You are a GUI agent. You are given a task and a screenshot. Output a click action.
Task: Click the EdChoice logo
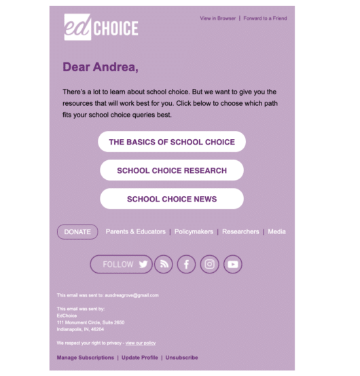101,27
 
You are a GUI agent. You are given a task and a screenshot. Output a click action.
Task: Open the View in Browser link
217,18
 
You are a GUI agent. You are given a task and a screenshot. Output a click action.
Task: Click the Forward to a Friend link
265,18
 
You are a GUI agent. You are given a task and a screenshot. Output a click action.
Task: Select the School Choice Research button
172,170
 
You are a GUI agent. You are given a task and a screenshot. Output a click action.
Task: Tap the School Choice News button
172,199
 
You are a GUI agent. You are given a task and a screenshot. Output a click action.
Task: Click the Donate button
77,232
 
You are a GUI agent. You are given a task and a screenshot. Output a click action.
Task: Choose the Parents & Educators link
135,232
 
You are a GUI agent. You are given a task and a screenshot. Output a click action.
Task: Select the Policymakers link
194,232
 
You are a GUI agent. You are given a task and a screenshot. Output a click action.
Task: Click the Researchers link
240,232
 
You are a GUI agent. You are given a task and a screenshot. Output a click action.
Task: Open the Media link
276,232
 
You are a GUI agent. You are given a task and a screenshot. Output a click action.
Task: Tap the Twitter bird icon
143,265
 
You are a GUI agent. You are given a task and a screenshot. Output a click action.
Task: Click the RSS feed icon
163,265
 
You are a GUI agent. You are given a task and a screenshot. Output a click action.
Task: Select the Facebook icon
186,265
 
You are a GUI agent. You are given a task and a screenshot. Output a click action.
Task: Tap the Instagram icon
210,265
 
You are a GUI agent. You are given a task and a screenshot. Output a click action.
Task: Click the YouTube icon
233,265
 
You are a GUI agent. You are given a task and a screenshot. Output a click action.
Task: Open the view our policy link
141,343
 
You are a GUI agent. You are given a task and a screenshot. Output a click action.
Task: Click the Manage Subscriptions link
86,358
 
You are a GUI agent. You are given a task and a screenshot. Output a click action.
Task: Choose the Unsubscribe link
182,358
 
